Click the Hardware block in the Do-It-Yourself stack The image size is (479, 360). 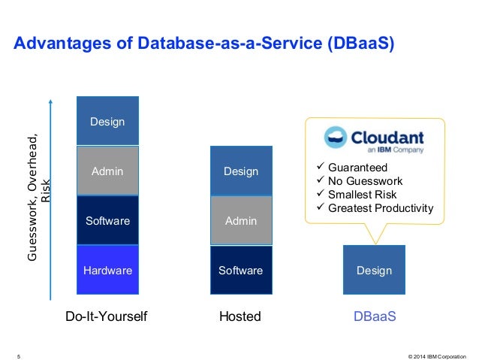click(x=107, y=270)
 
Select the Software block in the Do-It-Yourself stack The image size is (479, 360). click(x=107, y=221)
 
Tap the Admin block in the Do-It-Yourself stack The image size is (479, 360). click(x=107, y=171)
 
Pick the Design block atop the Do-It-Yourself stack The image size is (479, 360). click(x=107, y=122)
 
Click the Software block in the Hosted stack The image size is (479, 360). click(x=241, y=270)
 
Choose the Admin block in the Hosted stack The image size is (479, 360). click(x=241, y=221)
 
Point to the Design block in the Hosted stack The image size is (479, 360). click(x=241, y=171)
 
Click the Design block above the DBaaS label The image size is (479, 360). click(x=374, y=270)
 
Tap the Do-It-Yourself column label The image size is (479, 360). click(x=107, y=317)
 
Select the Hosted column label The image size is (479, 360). click(x=240, y=317)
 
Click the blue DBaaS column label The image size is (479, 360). click(x=374, y=317)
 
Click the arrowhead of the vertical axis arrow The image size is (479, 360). click(x=50, y=100)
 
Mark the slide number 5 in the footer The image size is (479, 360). click(x=18, y=352)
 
